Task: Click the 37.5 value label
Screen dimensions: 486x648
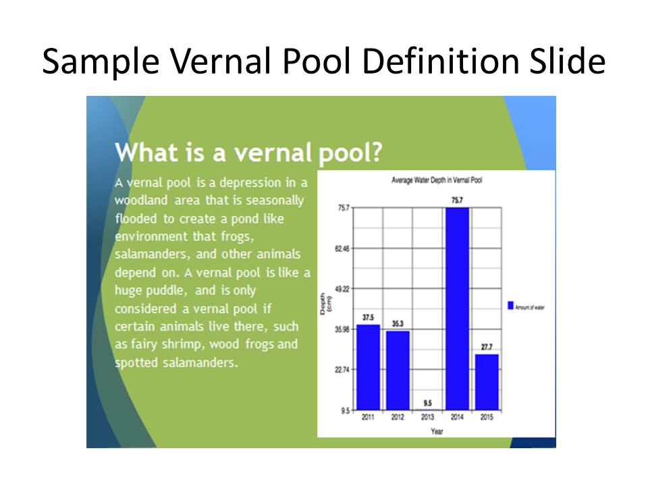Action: pyautogui.click(x=369, y=317)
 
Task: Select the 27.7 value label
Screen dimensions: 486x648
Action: pyautogui.click(x=487, y=347)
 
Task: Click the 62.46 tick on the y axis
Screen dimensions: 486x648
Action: pyautogui.click(x=342, y=249)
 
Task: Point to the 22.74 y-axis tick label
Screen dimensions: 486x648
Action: pyautogui.click(x=342, y=370)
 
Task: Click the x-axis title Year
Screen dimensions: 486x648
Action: pyautogui.click(x=437, y=431)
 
